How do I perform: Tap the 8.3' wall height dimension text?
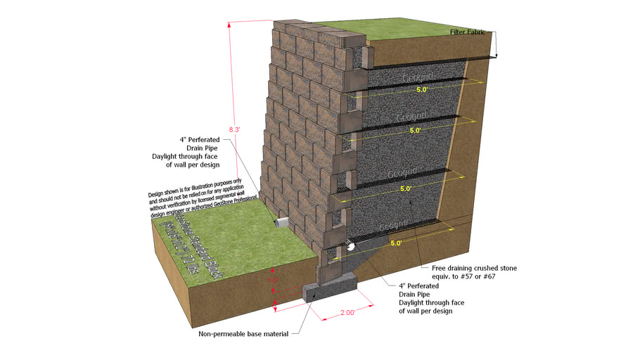235,129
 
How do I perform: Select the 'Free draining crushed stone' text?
471,268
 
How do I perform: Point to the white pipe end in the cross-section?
350,247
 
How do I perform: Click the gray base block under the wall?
330,295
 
